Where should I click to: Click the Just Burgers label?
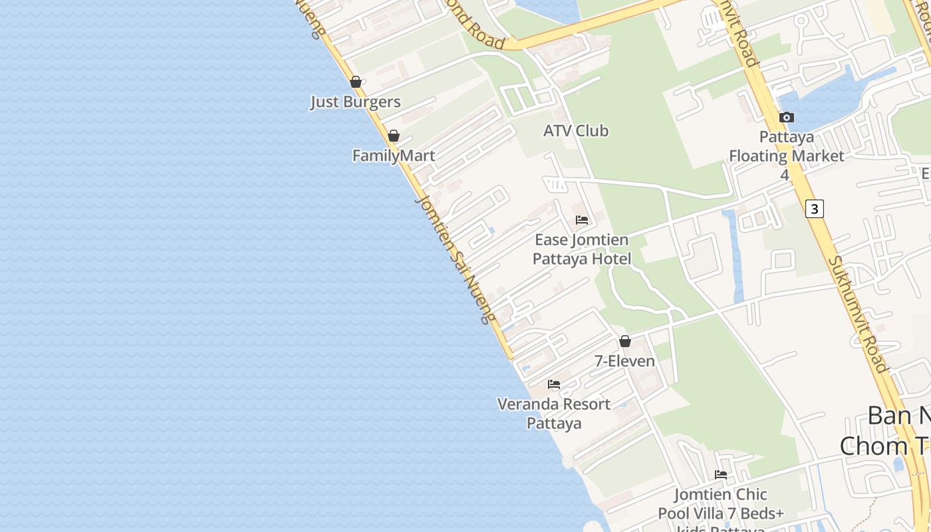click(355, 102)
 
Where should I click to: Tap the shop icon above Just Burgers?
click(356, 82)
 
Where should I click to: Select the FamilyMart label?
click(394, 156)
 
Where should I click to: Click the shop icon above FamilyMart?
click(394, 136)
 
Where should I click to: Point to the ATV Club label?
click(576, 131)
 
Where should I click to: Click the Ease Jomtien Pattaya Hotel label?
click(582, 249)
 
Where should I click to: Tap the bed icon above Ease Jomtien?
click(582, 219)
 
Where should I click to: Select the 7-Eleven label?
click(624, 361)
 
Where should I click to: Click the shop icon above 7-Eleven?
click(625, 341)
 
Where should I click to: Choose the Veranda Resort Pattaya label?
click(554, 413)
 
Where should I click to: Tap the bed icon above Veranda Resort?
click(554, 384)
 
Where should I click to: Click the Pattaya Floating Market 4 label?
click(786, 156)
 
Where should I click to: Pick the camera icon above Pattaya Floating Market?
click(787, 118)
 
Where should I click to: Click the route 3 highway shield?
click(814, 208)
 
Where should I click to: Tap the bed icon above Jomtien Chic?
click(721, 475)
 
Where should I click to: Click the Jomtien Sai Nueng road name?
click(456, 259)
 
